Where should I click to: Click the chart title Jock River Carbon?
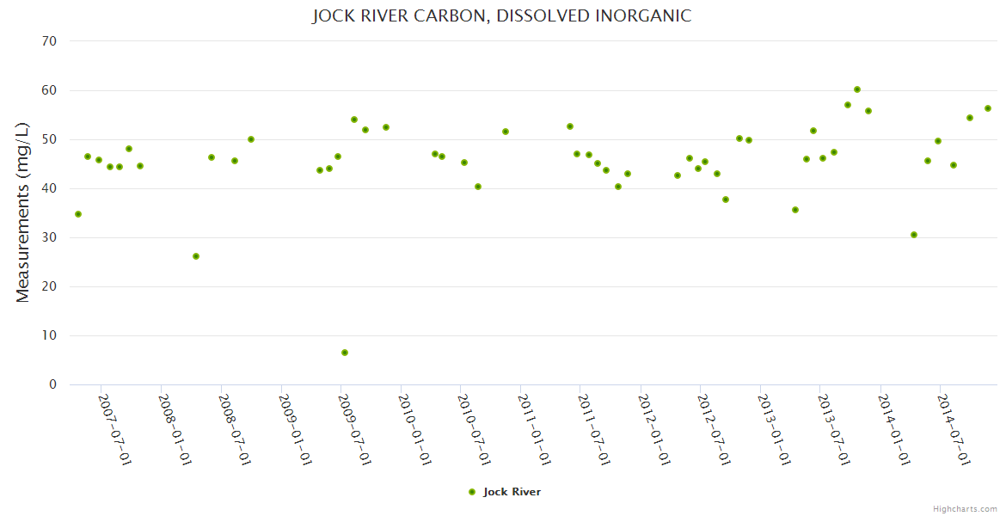click(502, 15)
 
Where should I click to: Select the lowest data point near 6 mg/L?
click(345, 353)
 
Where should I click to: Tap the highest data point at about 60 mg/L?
click(857, 89)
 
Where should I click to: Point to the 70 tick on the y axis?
click(51, 41)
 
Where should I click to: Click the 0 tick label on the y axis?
click(53, 384)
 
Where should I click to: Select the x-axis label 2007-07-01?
click(114, 429)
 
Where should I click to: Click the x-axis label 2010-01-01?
click(414, 429)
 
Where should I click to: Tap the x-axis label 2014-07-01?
click(954, 429)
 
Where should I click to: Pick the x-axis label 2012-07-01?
click(714, 429)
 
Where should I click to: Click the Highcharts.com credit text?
click(965, 508)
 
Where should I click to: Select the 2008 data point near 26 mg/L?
click(196, 256)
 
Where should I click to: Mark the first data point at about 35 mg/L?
click(78, 214)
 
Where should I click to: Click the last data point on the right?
click(988, 108)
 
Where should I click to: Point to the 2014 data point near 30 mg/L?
click(914, 235)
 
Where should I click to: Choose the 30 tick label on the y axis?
click(51, 237)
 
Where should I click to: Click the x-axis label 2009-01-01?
click(295, 429)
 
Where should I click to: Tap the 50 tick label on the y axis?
click(51, 139)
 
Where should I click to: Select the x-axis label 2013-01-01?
click(774, 429)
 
